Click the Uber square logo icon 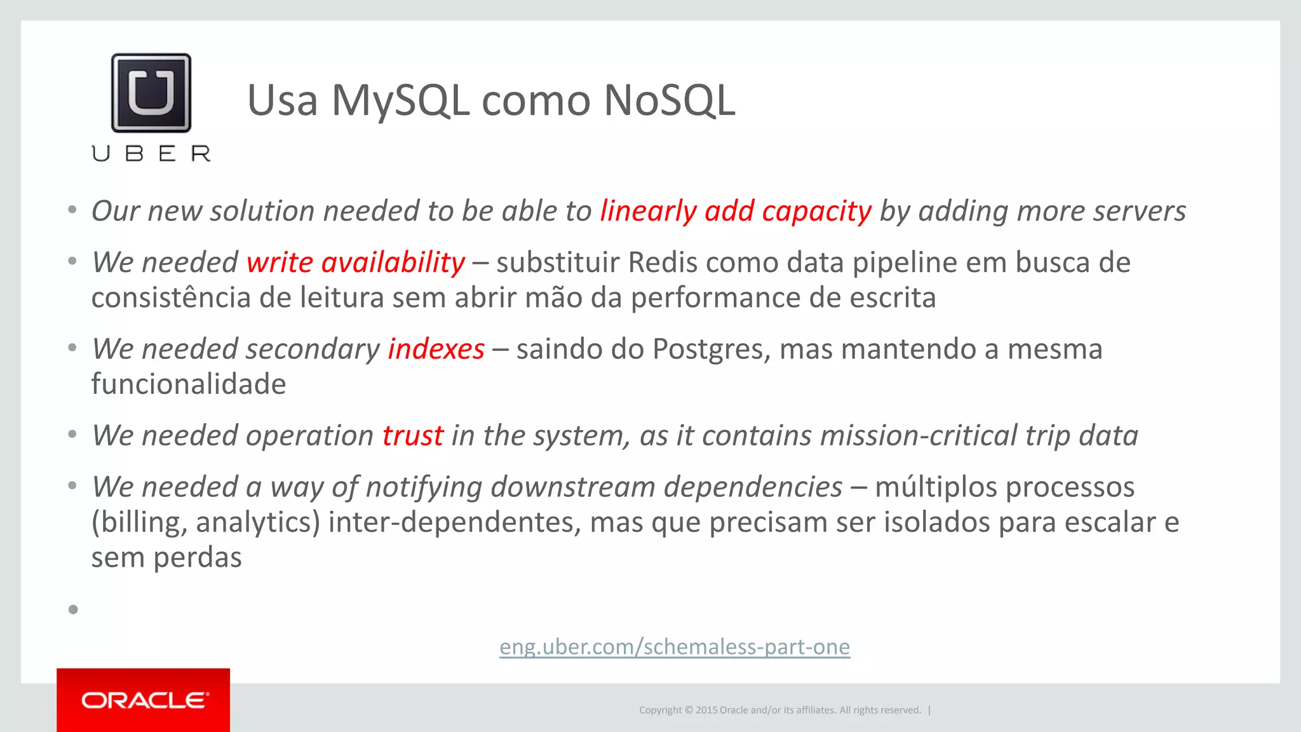pos(151,93)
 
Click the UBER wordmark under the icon pos(151,154)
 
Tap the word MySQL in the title pos(400,100)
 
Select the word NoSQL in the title pos(669,100)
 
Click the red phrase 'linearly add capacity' pos(735,211)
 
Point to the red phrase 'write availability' pos(356,262)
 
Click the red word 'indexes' pos(436,349)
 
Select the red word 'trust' pos(412,436)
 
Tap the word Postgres pos(711,349)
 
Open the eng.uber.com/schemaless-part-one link pos(674,646)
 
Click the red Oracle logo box pos(144,700)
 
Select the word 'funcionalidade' pos(189,384)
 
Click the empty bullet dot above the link pos(73,609)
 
